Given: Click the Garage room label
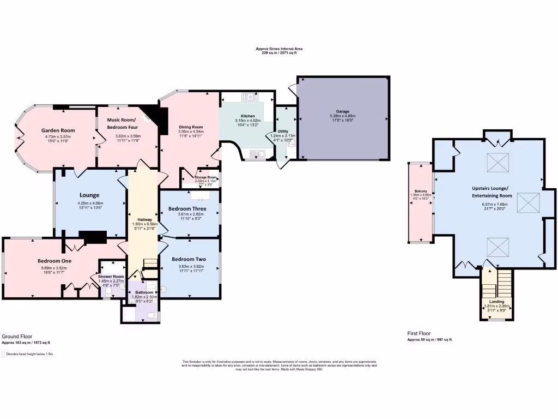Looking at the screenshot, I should (x=343, y=111).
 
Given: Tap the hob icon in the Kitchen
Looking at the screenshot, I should (x=251, y=97).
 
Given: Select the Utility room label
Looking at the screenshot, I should (x=283, y=131).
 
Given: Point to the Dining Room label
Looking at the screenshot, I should (x=191, y=127).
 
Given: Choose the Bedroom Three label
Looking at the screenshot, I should (x=187, y=209).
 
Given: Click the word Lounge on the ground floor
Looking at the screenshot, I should (x=89, y=195).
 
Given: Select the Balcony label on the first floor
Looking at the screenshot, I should (x=420, y=191).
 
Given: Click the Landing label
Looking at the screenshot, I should (x=496, y=301).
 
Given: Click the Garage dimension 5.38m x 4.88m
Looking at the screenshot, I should (x=343, y=116).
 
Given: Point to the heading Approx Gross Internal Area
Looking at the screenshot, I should (x=279, y=49).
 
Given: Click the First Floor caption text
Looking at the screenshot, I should (x=419, y=333).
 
